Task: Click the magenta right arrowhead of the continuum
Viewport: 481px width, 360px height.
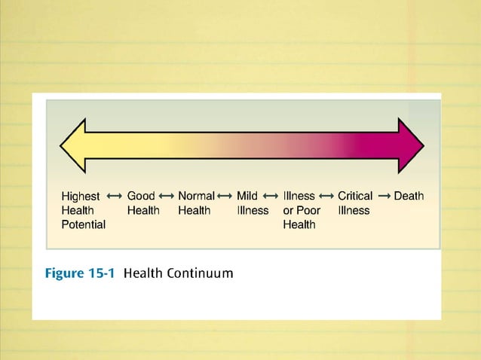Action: click(x=411, y=145)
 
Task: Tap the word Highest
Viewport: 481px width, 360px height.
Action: click(x=81, y=197)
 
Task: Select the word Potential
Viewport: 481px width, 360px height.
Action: click(x=83, y=224)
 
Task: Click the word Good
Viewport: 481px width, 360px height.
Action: click(x=141, y=196)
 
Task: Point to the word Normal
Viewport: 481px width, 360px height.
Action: click(x=196, y=196)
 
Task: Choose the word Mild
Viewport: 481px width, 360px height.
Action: click(x=247, y=196)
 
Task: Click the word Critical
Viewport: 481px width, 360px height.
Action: click(x=355, y=196)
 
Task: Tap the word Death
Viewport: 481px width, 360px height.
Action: click(x=409, y=196)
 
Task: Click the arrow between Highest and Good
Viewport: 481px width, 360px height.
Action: click(x=115, y=196)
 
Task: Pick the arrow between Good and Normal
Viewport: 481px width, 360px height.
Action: click(x=167, y=196)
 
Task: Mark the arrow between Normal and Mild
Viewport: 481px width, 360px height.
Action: click(x=225, y=196)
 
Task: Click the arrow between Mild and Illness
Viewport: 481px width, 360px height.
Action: click(x=270, y=196)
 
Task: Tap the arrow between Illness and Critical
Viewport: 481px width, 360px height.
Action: click(x=326, y=196)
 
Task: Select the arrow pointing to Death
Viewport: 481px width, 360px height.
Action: click(x=383, y=196)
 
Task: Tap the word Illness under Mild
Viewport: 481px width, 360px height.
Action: click(x=253, y=210)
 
